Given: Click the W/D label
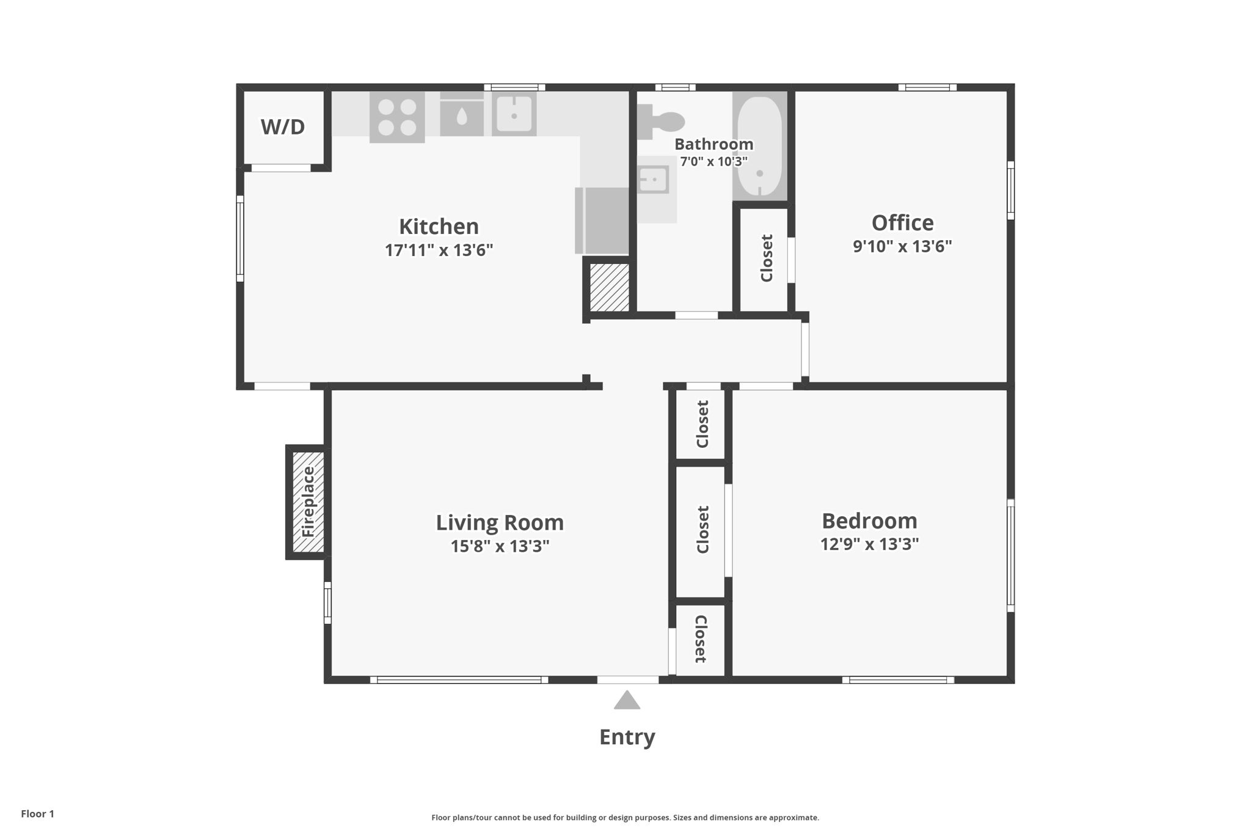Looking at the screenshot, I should pos(282,127).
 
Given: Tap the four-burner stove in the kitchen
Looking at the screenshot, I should pos(397,117).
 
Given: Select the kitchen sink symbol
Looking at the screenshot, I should pos(514,114).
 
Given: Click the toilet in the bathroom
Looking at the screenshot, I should pos(661,120).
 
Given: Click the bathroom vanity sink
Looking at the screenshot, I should pos(653,180).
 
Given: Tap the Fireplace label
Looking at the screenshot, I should pos(308,502).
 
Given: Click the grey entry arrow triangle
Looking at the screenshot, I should pos(627,701).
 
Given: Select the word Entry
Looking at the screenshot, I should pos(627,737).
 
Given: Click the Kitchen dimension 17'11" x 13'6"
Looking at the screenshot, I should pos(439,251).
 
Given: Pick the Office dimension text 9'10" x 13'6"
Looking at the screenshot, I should pos(902,246).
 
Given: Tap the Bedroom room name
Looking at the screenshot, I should pos(869,521).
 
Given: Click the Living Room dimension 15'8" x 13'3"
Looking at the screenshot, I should pos(500,546).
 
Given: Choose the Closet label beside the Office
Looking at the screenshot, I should pos(767,258).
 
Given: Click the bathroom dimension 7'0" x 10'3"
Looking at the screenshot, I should pos(713,162).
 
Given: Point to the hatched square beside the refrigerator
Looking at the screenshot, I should pos(609,287).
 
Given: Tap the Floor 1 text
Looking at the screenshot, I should pos(38,814).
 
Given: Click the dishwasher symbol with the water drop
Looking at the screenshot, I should pos(462,116).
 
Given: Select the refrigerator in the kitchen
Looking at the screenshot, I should pos(602,221).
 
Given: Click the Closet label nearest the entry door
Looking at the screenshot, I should pos(701,639).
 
